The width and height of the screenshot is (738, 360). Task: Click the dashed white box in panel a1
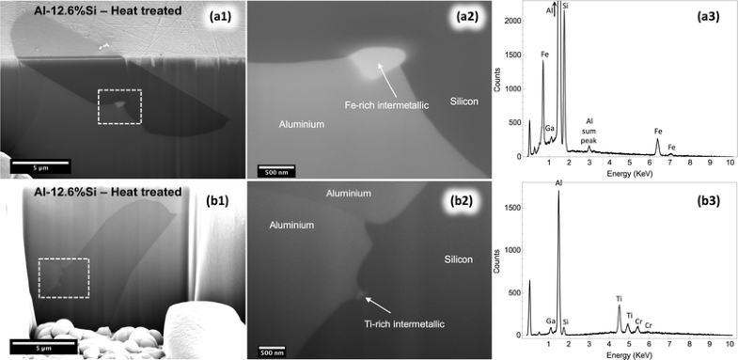tap(119, 105)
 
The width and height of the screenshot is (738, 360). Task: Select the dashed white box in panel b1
tap(63, 277)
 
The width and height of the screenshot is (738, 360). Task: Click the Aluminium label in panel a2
tap(302, 123)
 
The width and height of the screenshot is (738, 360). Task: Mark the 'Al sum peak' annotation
tap(589, 131)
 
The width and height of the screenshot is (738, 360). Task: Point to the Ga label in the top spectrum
tap(550, 128)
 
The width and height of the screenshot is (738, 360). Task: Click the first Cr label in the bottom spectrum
tap(638, 321)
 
